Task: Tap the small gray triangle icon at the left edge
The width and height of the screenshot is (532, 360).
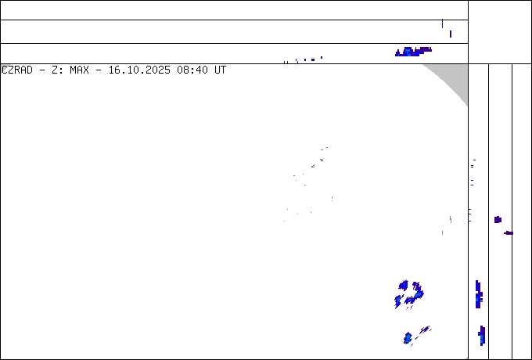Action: tap(4, 68)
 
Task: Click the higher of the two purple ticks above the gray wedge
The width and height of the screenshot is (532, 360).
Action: tap(443, 23)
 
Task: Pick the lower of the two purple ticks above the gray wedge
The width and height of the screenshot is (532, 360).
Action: tap(451, 34)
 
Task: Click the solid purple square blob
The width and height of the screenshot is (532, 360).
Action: tap(498, 220)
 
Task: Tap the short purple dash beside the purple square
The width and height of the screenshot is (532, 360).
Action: tap(509, 232)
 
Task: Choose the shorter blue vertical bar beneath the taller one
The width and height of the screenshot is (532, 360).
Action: tap(482, 336)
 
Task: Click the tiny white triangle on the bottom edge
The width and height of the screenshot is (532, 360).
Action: tap(466, 358)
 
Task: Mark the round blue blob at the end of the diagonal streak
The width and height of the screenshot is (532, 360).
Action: tap(408, 338)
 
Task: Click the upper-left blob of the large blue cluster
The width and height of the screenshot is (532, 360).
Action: tap(404, 285)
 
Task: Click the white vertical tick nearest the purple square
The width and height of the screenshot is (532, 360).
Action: tap(451, 220)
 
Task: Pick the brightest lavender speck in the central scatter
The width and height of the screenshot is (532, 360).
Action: tap(321, 160)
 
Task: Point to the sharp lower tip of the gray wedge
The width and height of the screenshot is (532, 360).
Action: tap(467, 105)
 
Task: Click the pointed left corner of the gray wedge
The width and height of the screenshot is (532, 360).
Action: tap(424, 65)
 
